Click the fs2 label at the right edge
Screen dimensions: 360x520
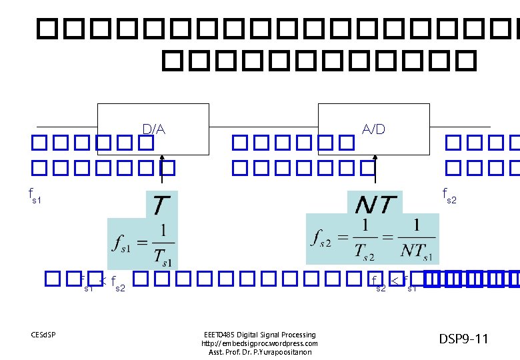pyautogui.click(x=450, y=195)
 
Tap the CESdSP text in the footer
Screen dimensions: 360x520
pyautogui.click(x=43, y=333)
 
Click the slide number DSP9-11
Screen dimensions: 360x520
pyautogui.click(x=463, y=339)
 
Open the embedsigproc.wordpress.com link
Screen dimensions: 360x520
pyautogui.click(x=259, y=343)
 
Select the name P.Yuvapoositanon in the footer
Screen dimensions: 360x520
pyautogui.click(x=283, y=352)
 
